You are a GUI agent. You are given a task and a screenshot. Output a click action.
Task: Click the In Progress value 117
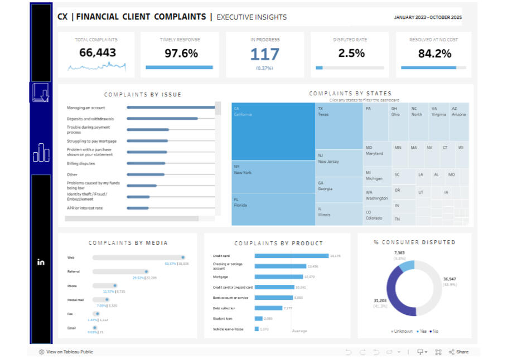pyautogui.click(x=264, y=54)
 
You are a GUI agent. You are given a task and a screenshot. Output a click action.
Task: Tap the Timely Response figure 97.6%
pyautogui.click(x=181, y=53)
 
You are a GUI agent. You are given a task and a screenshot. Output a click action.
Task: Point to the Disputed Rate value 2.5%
pyautogui.click(x=351, y=53)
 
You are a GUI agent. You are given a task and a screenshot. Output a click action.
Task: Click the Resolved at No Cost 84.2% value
pyautogui.click(x=434, y=54)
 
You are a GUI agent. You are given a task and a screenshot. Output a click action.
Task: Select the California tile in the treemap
pyautogui.click(x=273, y=132)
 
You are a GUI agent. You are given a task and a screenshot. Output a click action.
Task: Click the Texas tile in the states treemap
pyautogui.click(x=339, y=125)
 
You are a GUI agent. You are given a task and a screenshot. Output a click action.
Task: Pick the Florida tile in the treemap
pyautogui.click(x=273, y=209)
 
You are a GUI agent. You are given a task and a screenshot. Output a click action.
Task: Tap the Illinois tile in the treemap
pyautogui.click(x=339, y=214)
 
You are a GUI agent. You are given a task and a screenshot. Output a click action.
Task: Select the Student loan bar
pyautogui.click(x=259, y=319)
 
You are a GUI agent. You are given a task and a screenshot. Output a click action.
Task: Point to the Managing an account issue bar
pyautogui.click(x=171, y=108)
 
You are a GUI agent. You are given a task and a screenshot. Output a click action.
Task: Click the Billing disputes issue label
pyautogui.click(x=81, y=164)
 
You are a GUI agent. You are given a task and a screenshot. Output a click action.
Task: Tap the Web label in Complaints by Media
pyautogui.click(x=71, y=257)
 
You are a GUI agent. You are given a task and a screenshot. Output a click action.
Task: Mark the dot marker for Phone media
pyautogui.click(x=115, y=285)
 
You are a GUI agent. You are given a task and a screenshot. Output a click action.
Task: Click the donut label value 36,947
pyautogui.click(x=450, y=279)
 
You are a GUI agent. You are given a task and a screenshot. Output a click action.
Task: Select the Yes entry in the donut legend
pyautogui.click(x=422, y=331)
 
